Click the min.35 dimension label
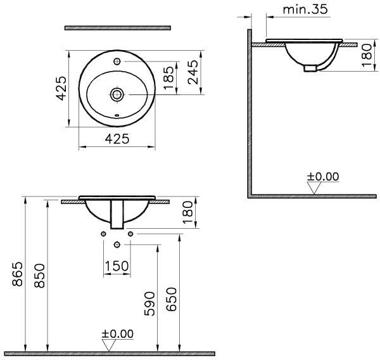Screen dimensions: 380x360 (x=305, y=10)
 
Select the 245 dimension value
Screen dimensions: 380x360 (x=193, y=72)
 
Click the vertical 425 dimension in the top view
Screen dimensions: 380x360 (x=61, y=88)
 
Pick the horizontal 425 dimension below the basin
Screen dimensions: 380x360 (x=117, y=139)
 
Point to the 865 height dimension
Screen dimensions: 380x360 (x=18, y=274)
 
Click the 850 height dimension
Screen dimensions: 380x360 (x=39, y=276)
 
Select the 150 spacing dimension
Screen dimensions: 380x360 (x=117, y=266)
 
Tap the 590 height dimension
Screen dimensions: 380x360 (x=149, y=304)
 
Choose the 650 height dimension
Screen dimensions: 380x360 (x=172, y=299)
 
